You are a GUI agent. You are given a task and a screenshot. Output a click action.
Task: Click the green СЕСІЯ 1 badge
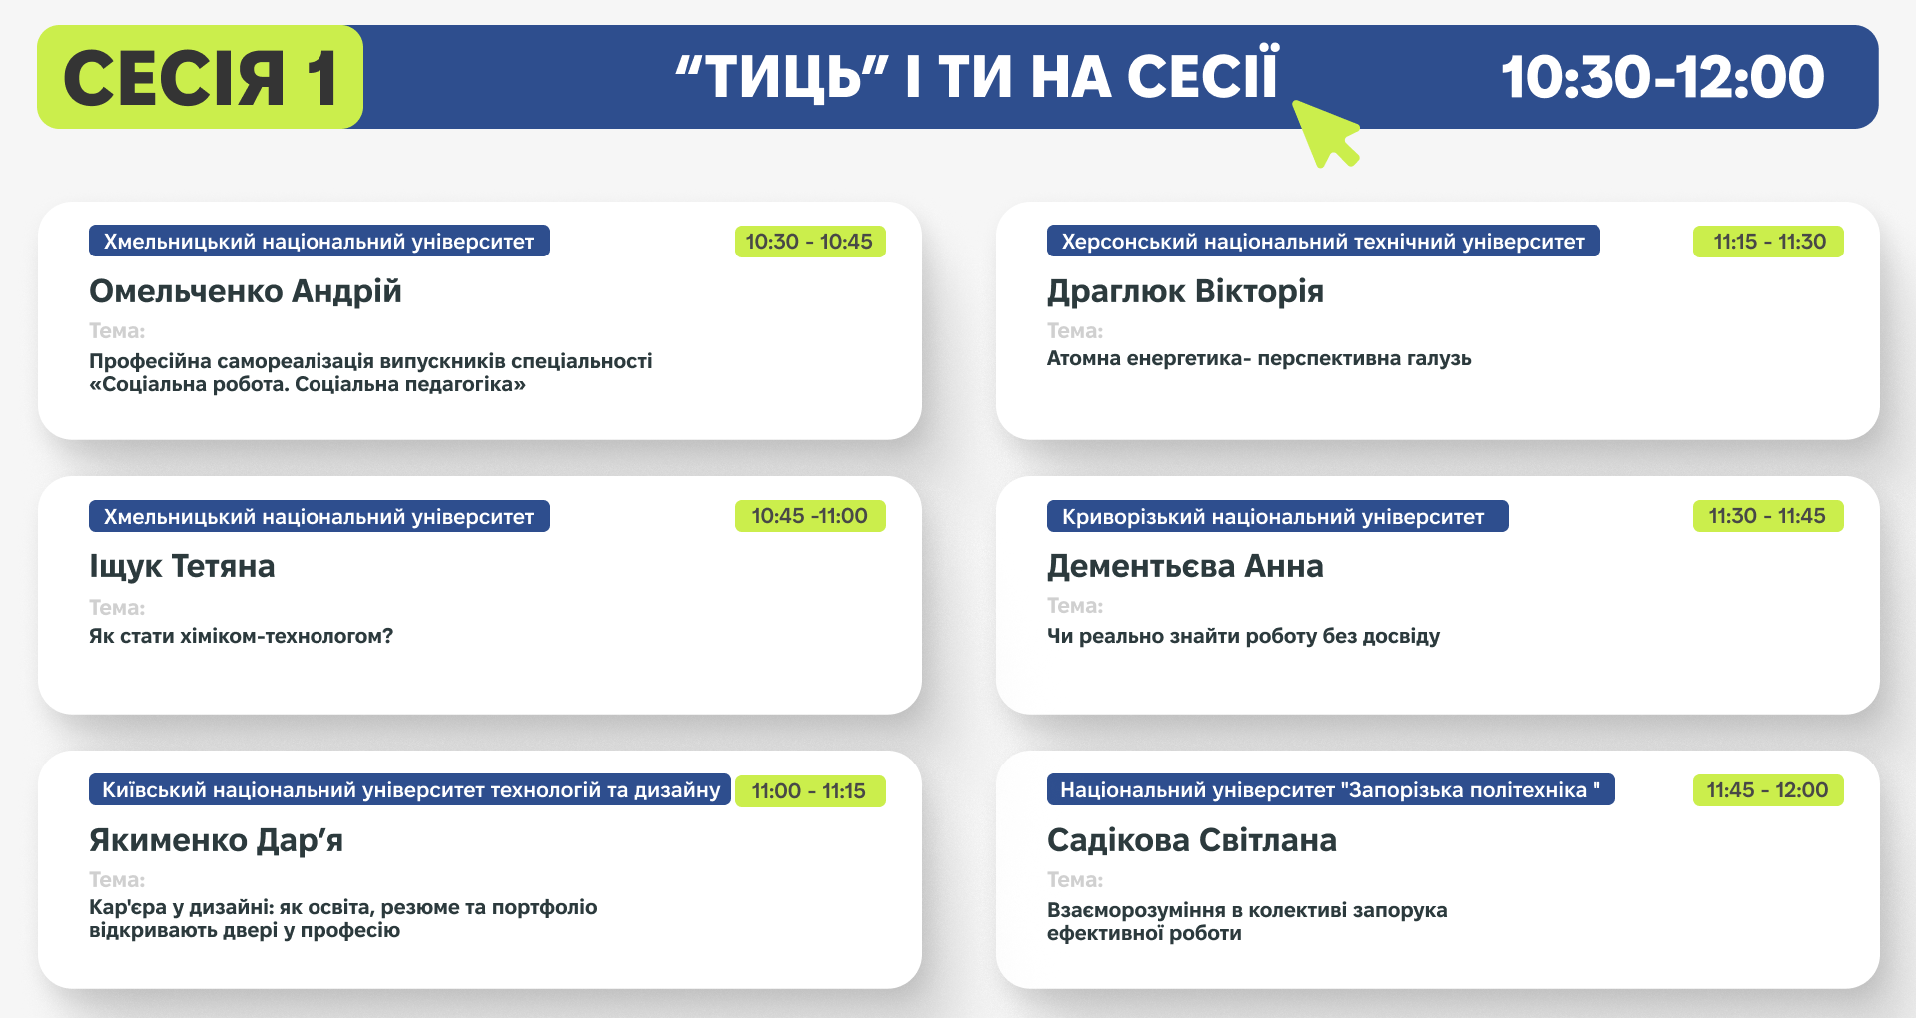(x=200, y=77)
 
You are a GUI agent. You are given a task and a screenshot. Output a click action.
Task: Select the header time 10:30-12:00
(x=1662, y=77)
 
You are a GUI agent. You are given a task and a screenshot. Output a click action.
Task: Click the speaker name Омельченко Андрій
(x=246, y=291)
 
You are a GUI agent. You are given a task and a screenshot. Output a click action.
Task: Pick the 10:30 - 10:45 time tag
(x=810, y=242)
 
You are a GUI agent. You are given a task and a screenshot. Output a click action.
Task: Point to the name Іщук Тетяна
(x=182, y=566)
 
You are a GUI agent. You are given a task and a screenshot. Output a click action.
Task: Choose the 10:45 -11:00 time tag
(x=810, y=516)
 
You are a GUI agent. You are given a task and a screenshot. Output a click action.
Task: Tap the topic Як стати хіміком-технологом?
(x=242, y=636)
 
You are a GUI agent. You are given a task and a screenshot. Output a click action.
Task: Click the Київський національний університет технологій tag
(x=409, y=790)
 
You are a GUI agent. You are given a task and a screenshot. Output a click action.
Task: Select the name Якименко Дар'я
(x=216, y=840)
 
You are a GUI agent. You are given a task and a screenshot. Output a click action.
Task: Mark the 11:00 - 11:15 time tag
(x=810, y=791)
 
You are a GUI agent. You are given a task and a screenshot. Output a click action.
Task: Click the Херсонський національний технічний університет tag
(x=1323, y=241)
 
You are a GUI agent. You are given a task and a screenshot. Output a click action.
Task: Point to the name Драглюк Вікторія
(x=1185, y=291)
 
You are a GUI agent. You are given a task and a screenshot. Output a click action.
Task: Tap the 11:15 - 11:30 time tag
(x=1768, y=242)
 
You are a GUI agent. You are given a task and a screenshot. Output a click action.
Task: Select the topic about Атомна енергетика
(x=1259, y=359)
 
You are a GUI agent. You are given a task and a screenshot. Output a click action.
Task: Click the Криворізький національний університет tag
(x=1277, y=516)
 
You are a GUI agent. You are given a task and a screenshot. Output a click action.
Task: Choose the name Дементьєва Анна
(x=1185, y=566)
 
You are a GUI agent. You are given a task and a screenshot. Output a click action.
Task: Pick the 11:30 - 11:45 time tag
(x=1768, y=516)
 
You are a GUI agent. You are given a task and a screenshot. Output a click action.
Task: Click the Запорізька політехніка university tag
(x=1331, y=790)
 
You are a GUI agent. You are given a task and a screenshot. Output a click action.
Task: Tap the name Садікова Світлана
(x=1192, y=840)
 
